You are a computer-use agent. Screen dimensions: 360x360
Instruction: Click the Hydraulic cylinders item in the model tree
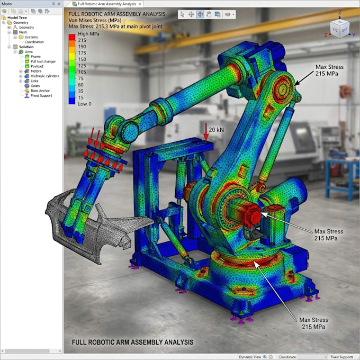pos(45,76)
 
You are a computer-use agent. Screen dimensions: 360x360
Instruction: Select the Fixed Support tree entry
pos(41,95)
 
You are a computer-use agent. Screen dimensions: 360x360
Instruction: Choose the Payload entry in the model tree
pos(37,66)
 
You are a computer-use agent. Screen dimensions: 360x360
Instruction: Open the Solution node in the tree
pos(26,47)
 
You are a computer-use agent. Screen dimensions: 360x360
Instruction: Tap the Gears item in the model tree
pos(35,86)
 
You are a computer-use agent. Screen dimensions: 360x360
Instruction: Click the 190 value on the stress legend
pos(82,47)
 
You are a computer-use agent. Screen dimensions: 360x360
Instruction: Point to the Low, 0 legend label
pos(85,104)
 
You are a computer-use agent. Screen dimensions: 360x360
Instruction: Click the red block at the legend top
pos(72,38)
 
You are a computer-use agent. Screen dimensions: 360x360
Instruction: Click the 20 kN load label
pos(216,130)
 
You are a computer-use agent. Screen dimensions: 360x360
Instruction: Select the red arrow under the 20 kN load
pos(206,131)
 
